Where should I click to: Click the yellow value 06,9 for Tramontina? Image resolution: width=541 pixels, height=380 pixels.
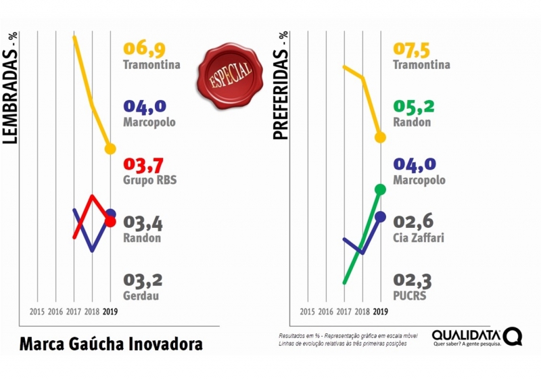click(144, 49)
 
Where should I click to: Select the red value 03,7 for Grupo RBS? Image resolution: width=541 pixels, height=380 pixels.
click(143, 165)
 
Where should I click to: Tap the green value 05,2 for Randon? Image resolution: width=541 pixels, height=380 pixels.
click(415, 107)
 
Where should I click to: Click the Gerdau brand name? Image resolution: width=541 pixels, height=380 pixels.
click(142, 295)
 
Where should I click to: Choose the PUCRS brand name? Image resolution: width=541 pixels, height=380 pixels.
click(410, 295)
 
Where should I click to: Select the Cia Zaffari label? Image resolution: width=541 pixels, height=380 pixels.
click(419, 238)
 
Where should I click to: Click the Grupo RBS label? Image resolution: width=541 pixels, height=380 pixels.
click(150, 181)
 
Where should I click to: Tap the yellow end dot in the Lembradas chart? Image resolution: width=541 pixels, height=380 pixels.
click(110, 149)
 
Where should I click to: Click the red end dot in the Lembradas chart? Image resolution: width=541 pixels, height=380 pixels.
click(110, 221)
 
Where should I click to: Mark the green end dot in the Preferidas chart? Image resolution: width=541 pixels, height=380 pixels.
click(380, 189)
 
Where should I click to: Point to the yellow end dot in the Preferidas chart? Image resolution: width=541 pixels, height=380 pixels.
click(380, 137)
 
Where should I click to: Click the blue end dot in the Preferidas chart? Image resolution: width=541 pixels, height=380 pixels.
click(380, 216)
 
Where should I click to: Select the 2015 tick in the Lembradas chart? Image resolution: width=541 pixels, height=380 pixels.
click(37, 312)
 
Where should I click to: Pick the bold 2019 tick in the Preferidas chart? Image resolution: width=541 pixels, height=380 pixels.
click(380, 312)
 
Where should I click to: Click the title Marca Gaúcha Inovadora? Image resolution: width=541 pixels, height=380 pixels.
click(111, 343)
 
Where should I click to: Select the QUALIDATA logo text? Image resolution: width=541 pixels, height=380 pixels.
click(467, 335)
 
